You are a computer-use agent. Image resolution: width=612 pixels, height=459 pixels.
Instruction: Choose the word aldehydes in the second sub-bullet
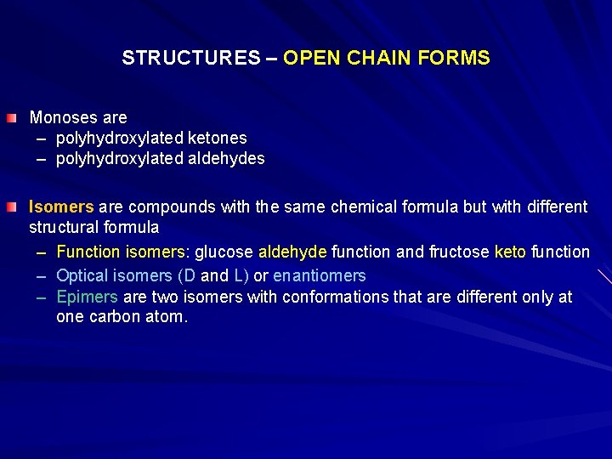(x=224, y=158)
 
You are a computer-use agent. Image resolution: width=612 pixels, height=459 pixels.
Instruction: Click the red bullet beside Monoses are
(x=10, y=117)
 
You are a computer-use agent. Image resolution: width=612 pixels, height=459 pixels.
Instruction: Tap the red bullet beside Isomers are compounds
(x=10, y=207)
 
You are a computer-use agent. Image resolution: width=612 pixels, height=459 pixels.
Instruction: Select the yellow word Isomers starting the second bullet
(x=61, y=207)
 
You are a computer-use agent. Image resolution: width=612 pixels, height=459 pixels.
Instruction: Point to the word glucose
(x=224, y=252)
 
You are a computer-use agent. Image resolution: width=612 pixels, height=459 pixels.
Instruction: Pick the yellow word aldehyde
(x=292, y=252)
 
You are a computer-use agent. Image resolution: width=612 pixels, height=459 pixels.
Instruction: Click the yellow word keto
(x=510, y=252)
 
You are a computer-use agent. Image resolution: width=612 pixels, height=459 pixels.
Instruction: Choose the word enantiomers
(x=320, y=275)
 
